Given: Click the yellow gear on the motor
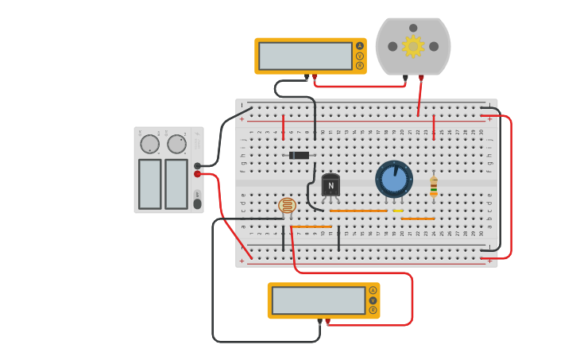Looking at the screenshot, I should [x=412, y=46].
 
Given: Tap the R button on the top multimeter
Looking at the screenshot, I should [x=360, y=66].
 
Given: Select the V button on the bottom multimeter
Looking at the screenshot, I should [x=373, y=300].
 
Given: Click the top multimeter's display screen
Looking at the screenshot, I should [x=305, y=56].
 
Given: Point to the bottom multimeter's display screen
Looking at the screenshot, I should [x=318, y=300].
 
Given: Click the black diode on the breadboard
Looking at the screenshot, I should [x=299, y=155].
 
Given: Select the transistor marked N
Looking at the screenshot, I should [x=331, y=186].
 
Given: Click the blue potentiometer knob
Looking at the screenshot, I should [x=394, y=179].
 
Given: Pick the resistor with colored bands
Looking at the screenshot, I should [x=433, y=186].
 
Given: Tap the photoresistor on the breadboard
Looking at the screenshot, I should [x=287, y=206].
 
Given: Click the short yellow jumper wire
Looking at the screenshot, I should [x=398, y=211].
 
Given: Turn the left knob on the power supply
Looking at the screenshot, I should [x=149, y=144].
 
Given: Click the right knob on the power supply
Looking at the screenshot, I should [x=176, y=144].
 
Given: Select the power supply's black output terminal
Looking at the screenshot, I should [x=197, y=165].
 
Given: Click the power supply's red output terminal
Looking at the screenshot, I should [x=197, y=174].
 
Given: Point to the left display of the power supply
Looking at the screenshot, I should [x=150, y=184].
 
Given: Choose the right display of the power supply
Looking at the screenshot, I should [x=176, y=184].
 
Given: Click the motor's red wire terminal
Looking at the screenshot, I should [x=421, y=78].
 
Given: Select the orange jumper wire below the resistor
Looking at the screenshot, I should [x=418, y=219].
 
